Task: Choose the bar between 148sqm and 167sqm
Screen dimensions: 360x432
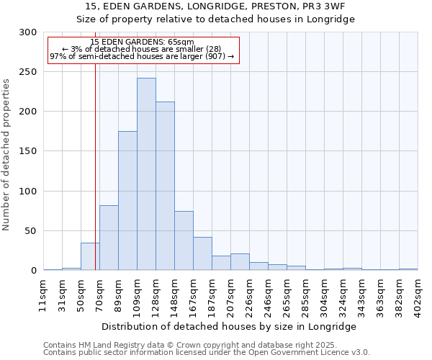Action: pos(184,240)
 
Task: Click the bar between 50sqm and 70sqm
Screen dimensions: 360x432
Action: pos(90,256)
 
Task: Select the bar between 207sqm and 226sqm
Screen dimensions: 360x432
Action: pos(240,262)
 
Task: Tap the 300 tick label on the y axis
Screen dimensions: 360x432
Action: pos(28,32)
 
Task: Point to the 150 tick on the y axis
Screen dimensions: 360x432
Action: pos(28,152)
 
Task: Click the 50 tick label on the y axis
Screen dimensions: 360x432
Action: pos(31,231)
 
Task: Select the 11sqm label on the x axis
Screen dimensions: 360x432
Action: pos(43,295)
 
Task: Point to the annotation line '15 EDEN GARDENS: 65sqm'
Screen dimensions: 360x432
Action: pos(142,42)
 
